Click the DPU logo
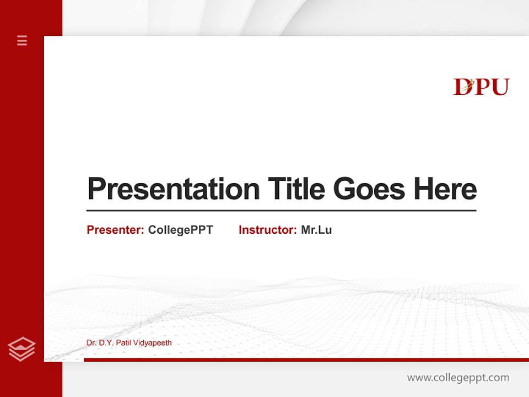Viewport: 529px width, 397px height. click(x=481, y=87)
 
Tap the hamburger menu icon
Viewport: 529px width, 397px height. click(x=22, y=40)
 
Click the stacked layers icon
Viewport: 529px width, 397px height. click(x=22, y=349)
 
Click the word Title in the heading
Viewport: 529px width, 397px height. click(x=296, y=189)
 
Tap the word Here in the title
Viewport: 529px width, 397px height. click(x=445, y=189)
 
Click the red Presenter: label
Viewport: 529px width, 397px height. click(x=115, y=230)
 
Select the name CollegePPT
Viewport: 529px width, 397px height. click(x=180, y=230)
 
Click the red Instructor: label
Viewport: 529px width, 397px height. click(x=267, y=230)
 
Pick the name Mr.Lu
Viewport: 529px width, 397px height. click(x=316, y=230)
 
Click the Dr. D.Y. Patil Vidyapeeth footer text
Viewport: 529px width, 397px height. click(x=129, y=343)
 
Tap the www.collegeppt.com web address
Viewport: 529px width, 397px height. click(x=458, y=378)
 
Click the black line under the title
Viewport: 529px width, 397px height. click(x=281, y=211)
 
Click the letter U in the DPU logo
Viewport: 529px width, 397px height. click(x=500, y=87)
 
